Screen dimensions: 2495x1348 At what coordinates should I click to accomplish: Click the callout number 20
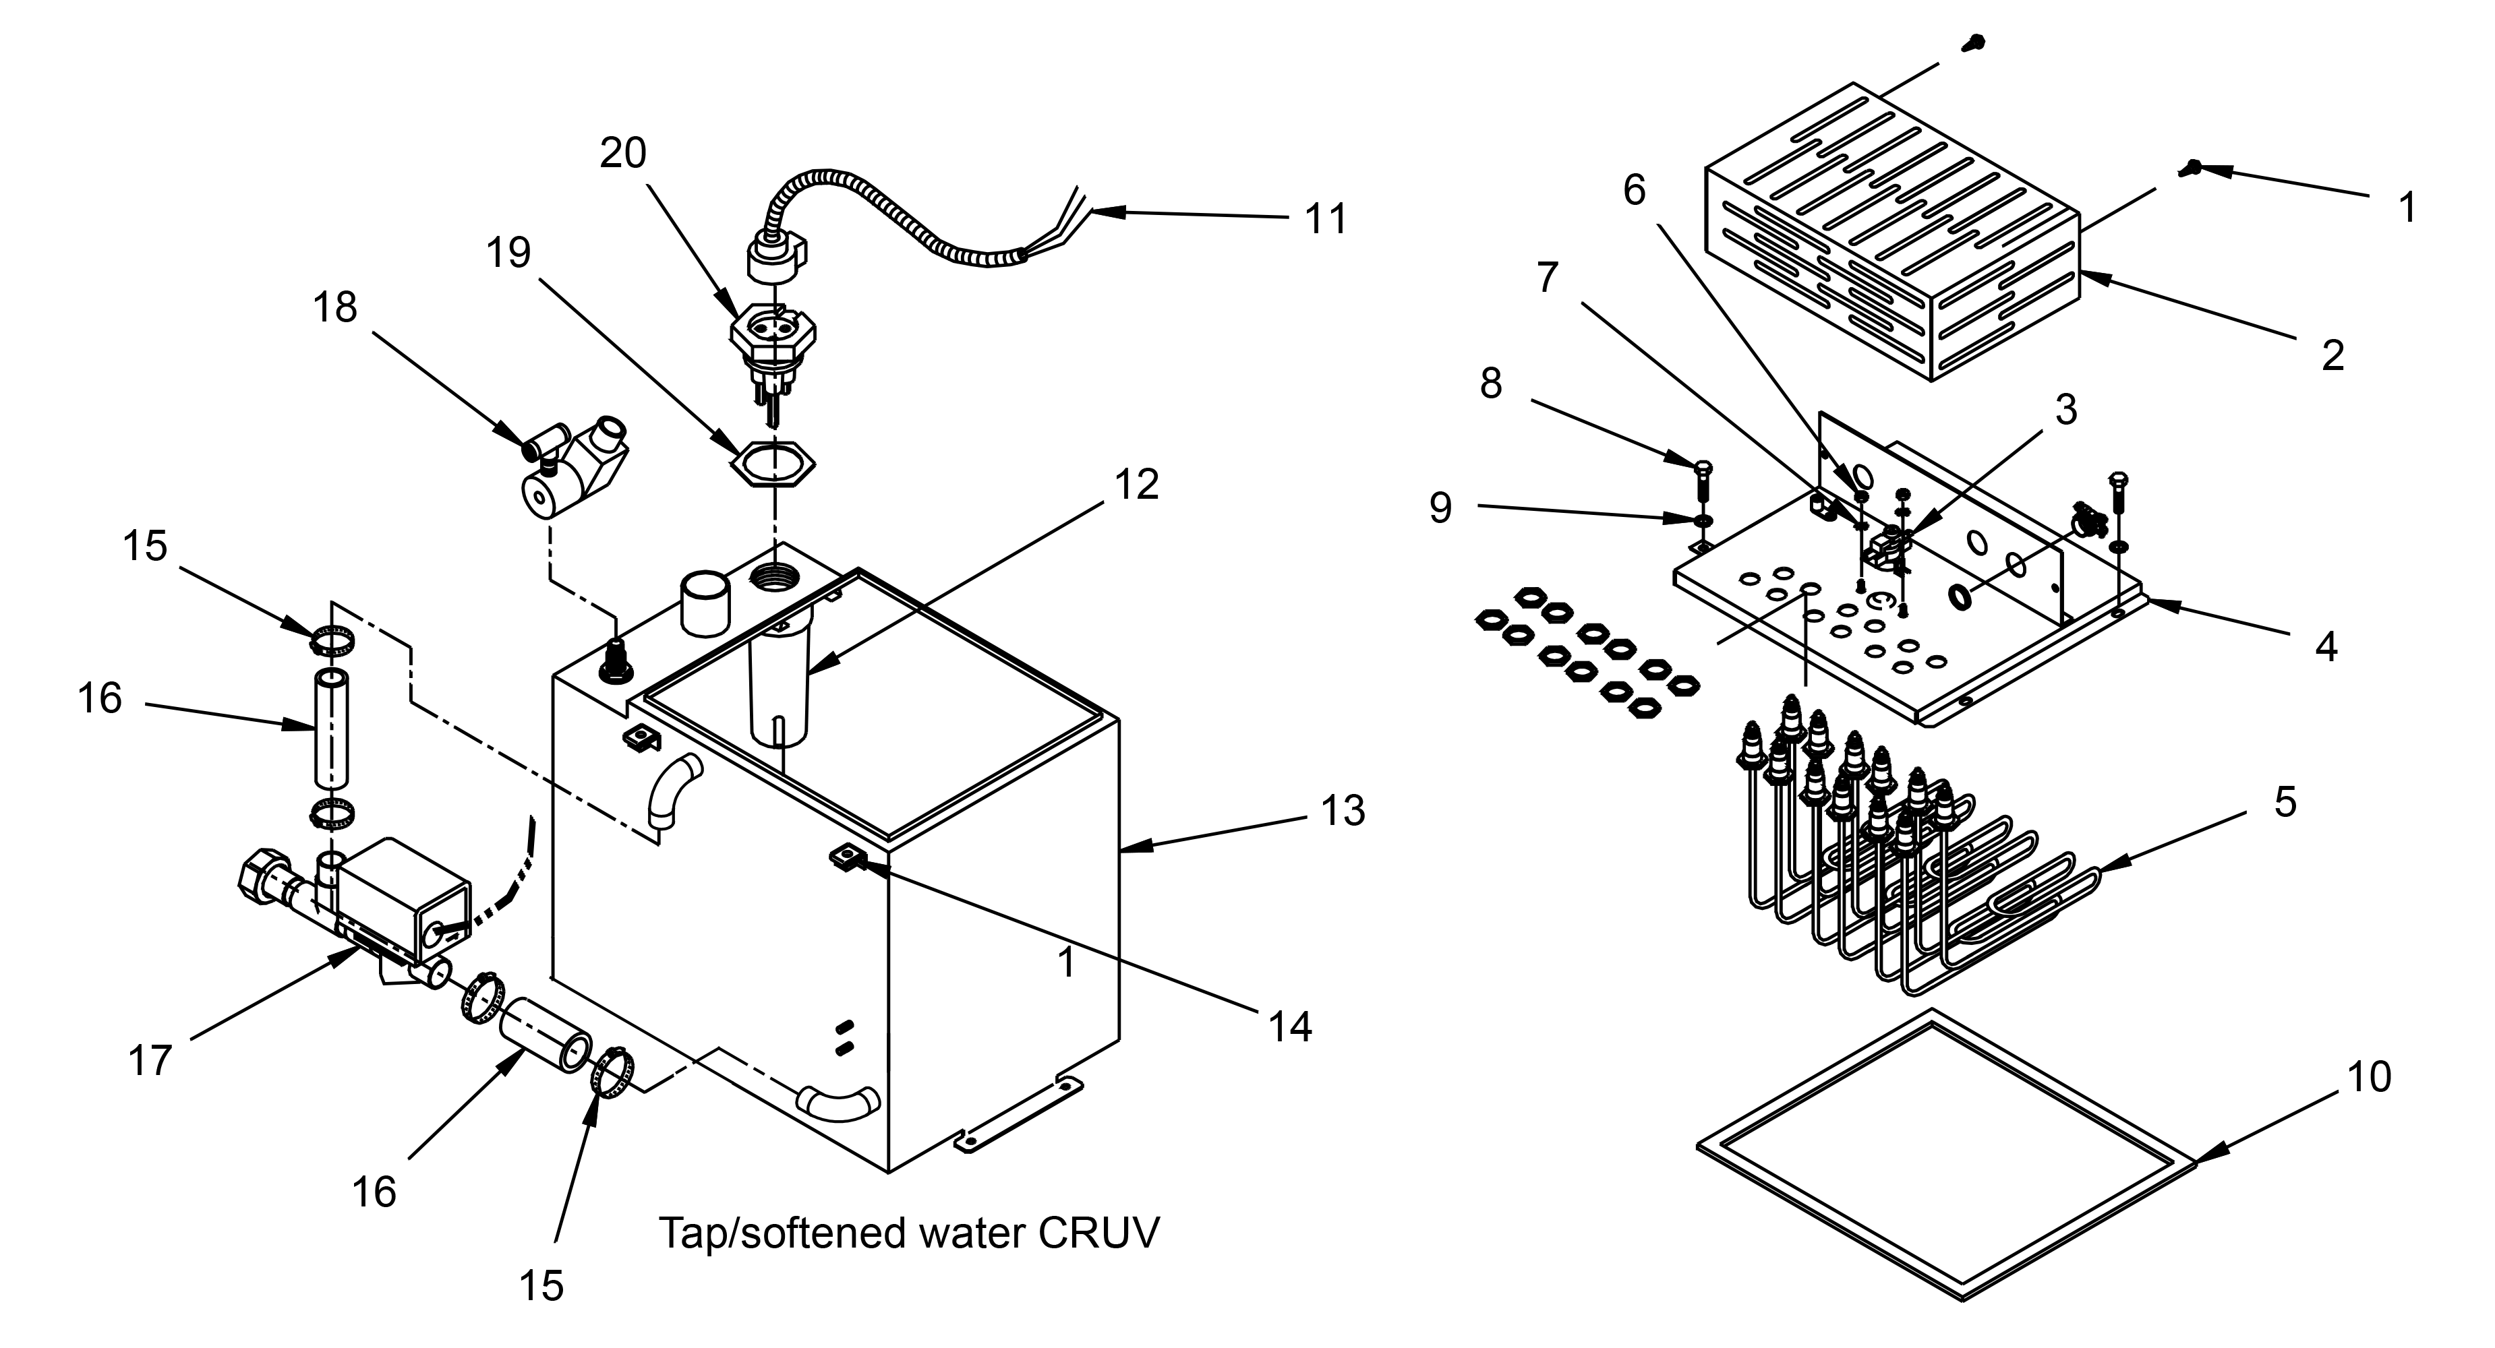(x=623, y=153)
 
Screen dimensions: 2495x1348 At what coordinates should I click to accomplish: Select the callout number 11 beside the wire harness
(x=1326, y=220)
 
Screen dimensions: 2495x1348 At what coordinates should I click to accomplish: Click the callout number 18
(x=335, y=308)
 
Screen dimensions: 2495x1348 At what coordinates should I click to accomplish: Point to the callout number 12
(x=1137, y=484)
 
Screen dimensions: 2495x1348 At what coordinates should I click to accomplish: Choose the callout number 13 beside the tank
(x=1343, y=809)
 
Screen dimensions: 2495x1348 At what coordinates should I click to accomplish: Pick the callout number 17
(x=150, y=1060)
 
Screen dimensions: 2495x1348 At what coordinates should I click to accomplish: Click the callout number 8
(x=1492, y=384)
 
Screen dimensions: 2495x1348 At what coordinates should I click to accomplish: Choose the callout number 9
(x=1441, y=508)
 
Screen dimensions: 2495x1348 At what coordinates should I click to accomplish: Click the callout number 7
(x=1548, y=278)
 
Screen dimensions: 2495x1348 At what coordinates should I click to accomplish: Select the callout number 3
(x=2067, y=410)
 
